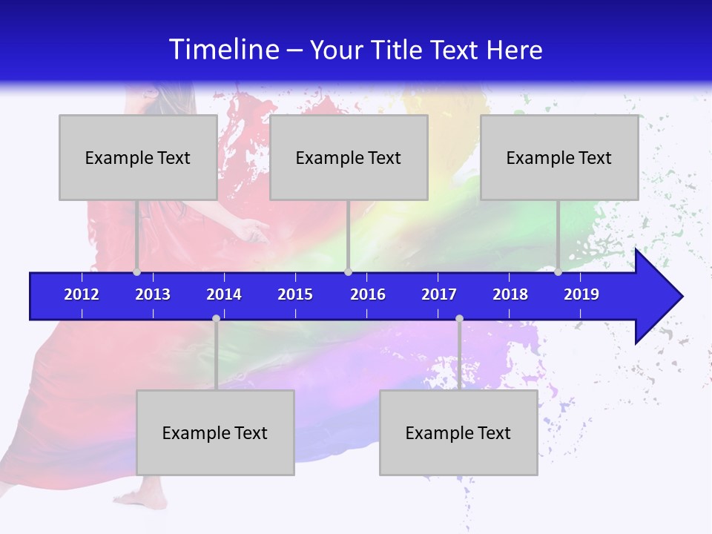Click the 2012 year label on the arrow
coord(82,294)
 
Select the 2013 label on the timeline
coord(153,294)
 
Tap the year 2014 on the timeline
coord(224,294)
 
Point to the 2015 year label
coord(295,294)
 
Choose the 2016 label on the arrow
coord(368,294)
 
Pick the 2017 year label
coord(439,294)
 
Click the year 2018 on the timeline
coord(510,294)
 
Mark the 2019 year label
coord(581,294)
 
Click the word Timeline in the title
coord(224,50)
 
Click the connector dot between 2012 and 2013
coord(136,272)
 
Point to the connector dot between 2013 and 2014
coord(216,319)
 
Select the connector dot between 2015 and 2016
coord(348,272)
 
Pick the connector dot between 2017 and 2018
coord(459,319)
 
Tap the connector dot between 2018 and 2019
coord(558,272)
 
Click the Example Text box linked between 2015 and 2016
coord(349,157)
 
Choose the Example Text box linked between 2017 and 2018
coord(458,432)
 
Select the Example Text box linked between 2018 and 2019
coord(559,157)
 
